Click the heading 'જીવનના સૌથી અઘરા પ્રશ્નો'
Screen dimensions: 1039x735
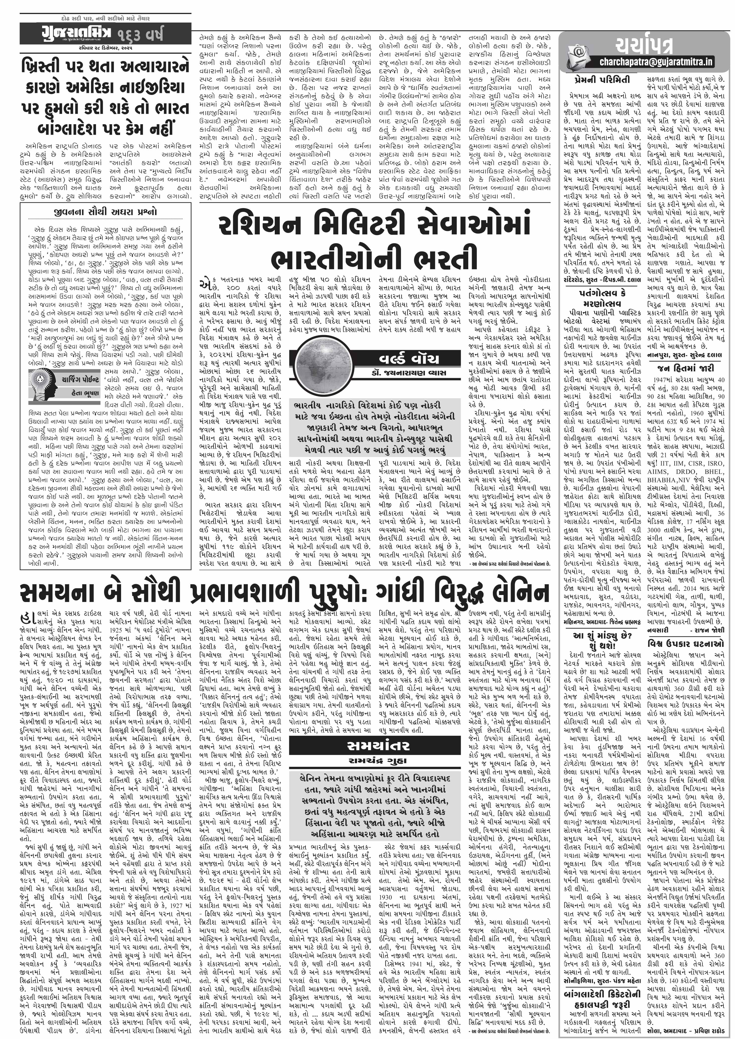click(x=105, y=212)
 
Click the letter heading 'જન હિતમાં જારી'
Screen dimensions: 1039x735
click(x=685, y=368)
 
